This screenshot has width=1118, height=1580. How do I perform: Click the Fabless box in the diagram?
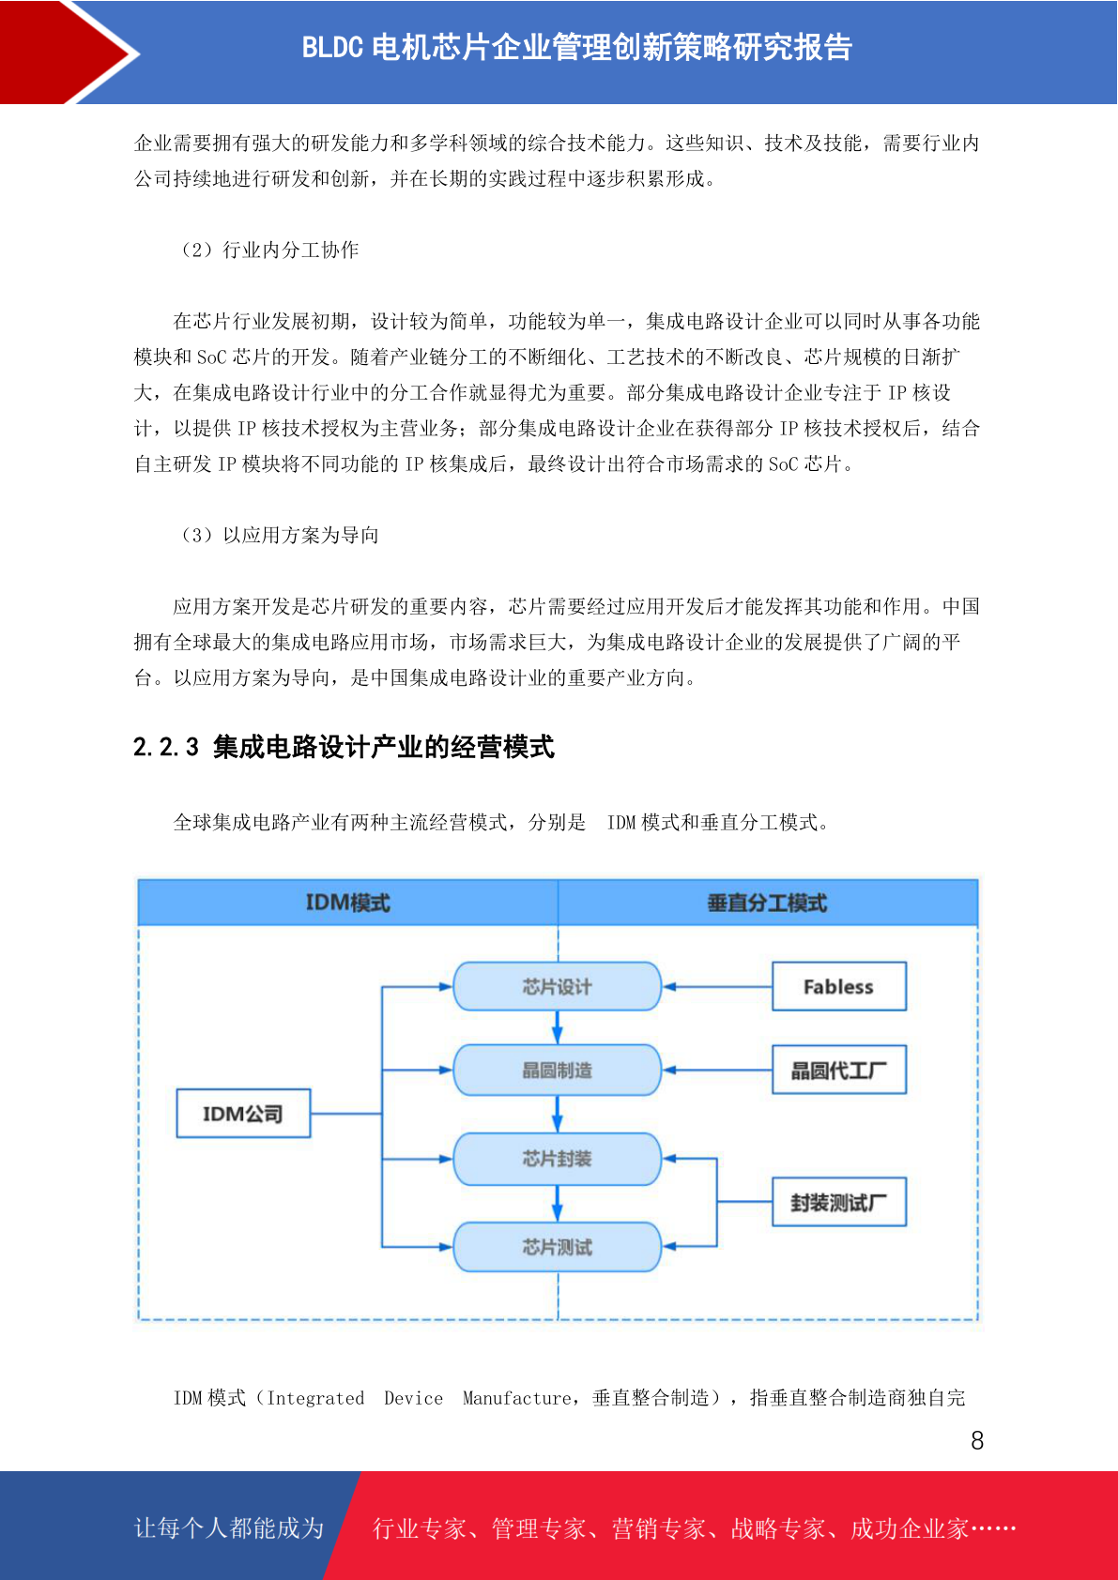838,986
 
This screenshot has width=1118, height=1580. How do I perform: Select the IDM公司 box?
243,1113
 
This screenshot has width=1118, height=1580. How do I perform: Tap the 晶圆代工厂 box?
838,1070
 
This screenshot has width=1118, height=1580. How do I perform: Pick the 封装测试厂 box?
838,1202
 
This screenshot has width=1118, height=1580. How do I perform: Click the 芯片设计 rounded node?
557,986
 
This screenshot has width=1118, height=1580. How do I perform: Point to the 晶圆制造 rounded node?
557,1070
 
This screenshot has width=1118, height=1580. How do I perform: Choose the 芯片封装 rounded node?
557,1158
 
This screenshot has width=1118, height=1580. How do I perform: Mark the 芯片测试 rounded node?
557,1246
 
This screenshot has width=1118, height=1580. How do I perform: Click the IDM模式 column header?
347,903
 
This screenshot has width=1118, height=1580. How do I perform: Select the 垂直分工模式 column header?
768,903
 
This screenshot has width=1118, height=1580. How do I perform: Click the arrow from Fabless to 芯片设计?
717,987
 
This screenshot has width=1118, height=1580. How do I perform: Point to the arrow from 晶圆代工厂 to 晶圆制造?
717,1070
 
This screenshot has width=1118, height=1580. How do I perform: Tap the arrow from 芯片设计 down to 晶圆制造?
557,1027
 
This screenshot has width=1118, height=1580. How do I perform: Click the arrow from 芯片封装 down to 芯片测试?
557,1204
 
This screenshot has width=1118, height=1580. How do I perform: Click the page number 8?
977,1440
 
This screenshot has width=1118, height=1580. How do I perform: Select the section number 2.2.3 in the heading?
166,747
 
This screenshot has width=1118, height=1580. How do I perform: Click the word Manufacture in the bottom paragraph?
516,1398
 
